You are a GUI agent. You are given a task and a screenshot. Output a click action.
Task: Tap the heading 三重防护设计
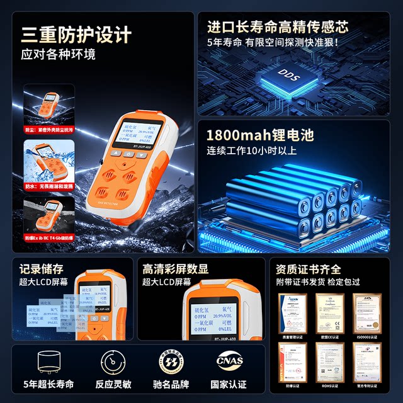(x=76, y=33)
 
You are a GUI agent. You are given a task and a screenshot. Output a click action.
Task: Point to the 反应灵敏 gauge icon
(x=116, y=364)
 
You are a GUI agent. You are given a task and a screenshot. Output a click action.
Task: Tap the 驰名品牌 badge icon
(x=172, y=364)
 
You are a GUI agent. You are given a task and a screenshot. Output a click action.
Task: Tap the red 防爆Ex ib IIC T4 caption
(x=49, y=239)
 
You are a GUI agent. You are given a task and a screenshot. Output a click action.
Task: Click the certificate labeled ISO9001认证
(x=367, y=314)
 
